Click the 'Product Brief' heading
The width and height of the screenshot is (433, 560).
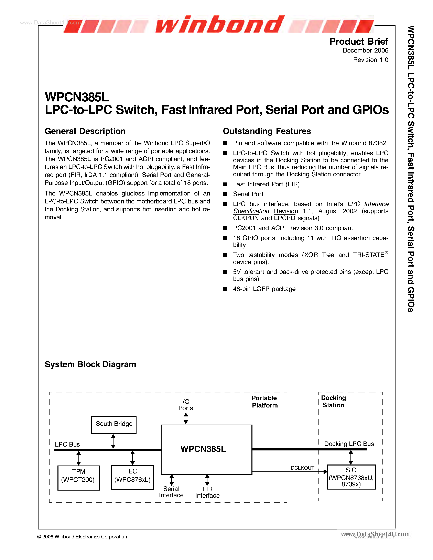point(359,42)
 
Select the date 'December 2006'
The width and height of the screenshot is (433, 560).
point(365,51)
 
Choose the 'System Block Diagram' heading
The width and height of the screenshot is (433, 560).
point(90,364)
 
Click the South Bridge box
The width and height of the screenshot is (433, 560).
point(114,425)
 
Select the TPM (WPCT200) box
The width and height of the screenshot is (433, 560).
point(78,478)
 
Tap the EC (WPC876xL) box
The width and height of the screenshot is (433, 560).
point(132,477)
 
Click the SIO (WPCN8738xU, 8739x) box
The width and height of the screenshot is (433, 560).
point(351,477)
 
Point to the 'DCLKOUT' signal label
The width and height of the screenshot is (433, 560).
point(302,468)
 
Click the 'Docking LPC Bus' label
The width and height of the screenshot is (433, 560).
point(349,444)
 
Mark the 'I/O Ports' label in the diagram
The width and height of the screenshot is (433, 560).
point(185,405)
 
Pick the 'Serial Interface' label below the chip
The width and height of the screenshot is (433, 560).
point(171,492)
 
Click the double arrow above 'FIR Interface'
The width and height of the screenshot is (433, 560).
point(207,480)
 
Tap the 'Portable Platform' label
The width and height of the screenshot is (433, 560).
point(264,402)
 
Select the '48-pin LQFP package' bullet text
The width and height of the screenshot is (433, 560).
point(264,289)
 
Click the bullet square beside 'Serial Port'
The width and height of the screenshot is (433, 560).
point(225,194)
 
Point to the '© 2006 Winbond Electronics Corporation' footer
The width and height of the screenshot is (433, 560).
point(82,537)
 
